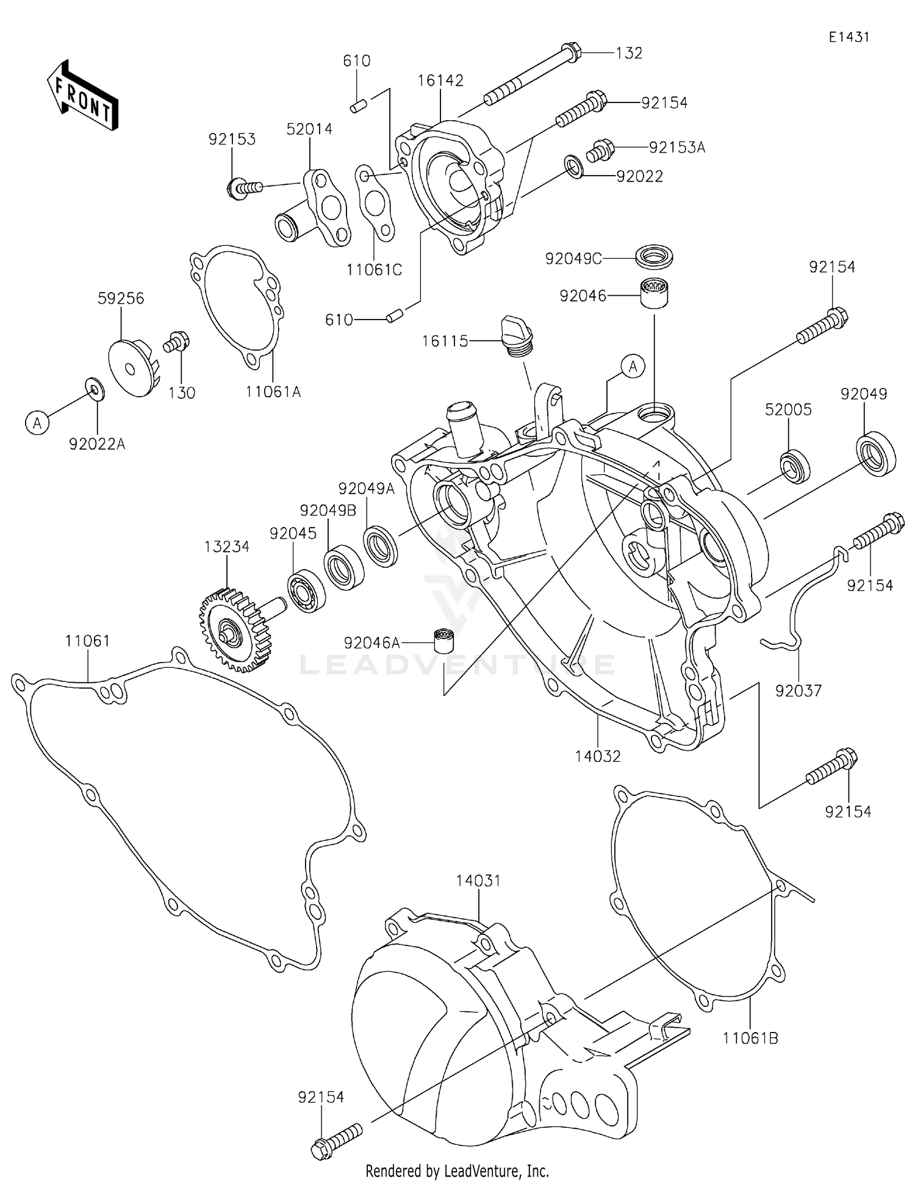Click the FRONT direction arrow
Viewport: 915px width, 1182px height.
click(x=82, y=96)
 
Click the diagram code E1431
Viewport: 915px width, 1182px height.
click(x=849, y=37)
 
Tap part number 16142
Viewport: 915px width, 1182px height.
click(x=440, y=81)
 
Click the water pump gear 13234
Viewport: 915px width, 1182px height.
click(x=234, y=629)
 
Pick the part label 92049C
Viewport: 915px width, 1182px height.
click(x=573, y=259)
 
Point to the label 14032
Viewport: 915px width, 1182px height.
click(x=597, y=756)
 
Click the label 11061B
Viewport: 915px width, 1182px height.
click(x=750, y=1037)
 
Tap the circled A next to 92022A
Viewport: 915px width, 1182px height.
click(x=37, y=422)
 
